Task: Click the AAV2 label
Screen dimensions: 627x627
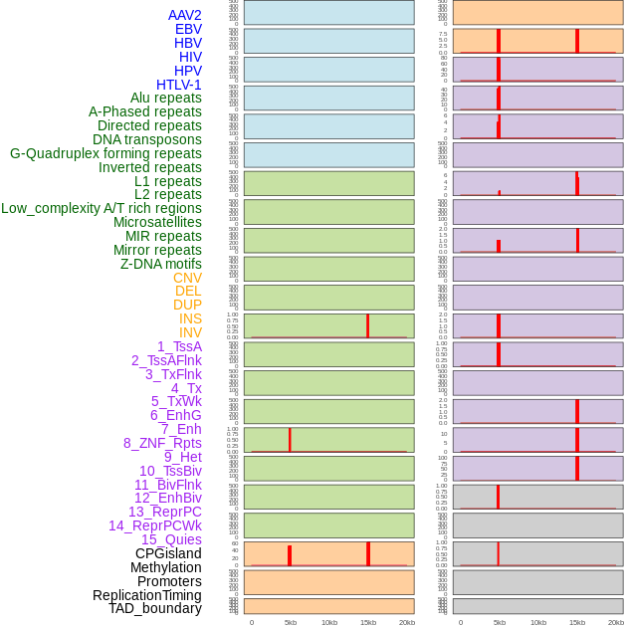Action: (185, 15)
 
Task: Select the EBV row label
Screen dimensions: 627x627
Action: (188, 29)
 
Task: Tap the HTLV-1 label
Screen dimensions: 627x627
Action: (179, 85)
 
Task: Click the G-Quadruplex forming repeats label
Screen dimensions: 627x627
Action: (105, 153)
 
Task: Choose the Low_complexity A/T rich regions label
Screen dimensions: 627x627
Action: (102, 208)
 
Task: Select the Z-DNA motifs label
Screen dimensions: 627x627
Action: (161, 264)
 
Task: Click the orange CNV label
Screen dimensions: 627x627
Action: (187, 278)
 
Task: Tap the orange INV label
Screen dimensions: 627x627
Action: (190, 332)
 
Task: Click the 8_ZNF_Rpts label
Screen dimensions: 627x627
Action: (162, 443)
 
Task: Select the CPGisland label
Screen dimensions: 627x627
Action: (168, 553)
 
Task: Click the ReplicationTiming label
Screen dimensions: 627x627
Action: (147, 595)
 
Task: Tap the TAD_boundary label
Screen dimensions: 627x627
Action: (155, 608)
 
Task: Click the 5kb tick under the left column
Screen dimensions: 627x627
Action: (291, 622)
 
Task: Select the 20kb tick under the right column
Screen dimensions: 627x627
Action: (616, 622)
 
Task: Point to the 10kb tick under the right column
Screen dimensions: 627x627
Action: (538, 622)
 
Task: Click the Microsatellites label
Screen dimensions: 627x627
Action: (157, 222)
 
